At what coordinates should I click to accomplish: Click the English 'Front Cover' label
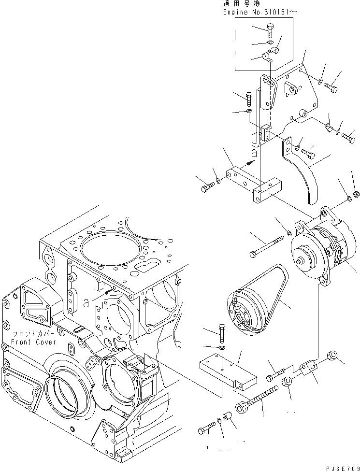coord(34,342)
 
